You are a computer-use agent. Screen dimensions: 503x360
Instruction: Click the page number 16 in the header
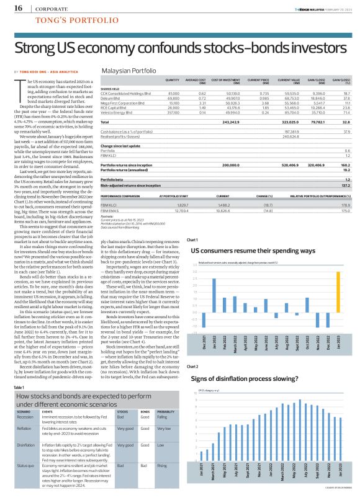point(18,9)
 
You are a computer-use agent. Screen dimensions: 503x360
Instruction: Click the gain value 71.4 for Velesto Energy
point(346,113)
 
